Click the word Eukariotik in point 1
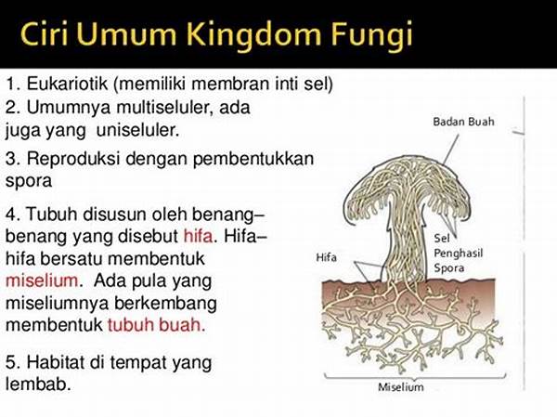click(67, 84)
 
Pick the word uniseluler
click(137, 130)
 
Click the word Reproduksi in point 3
click(73, 158)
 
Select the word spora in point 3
click(29, 182)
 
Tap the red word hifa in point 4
click(199, 236)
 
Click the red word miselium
click(42, 280)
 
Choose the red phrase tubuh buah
click(156, 324)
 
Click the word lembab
click(38, 384)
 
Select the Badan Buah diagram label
click(463, 122)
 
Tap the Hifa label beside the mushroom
click(326, 257)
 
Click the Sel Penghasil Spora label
click(459, 254)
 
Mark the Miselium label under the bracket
click(401, 386)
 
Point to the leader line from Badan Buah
click(450, 150)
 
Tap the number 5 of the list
click(11, 362)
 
